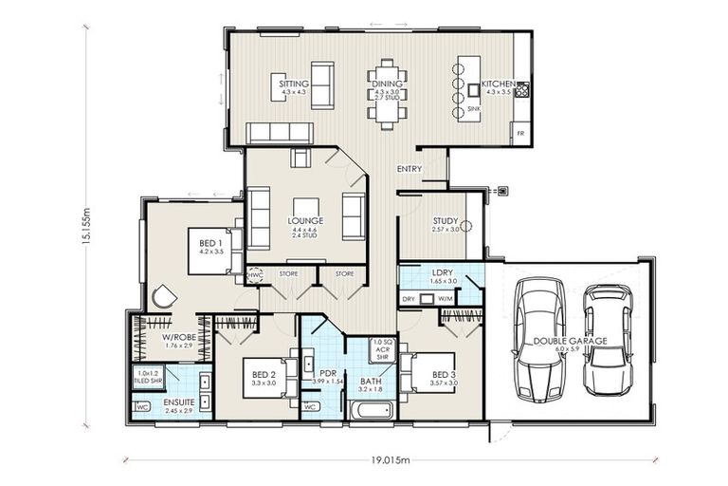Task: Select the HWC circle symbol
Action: [255, 274]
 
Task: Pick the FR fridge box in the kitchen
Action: [519, 134]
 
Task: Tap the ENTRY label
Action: [409, 170]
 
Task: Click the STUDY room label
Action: [446, 220]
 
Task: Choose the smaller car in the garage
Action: [608, 339]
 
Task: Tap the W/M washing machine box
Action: [446, 299]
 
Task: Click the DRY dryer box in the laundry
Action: [409, 299]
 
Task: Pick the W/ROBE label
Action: [178, 337]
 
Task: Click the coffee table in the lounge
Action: [306, 210]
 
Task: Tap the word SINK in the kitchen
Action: [474, 109]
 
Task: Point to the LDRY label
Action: [443, 273]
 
